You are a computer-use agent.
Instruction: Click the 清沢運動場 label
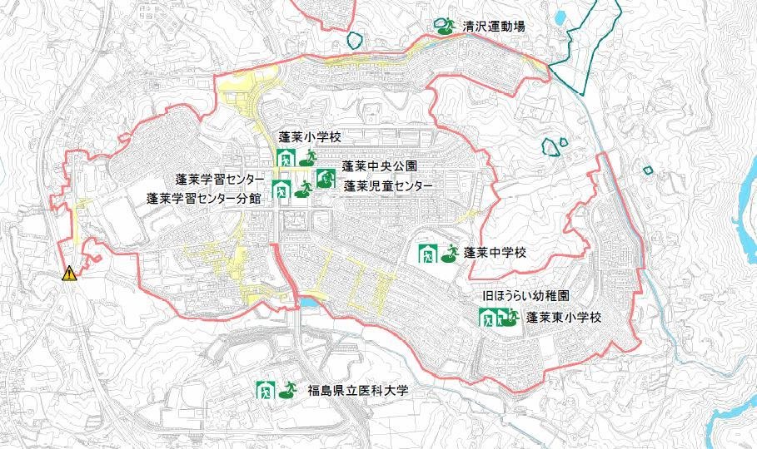pyautogui.click(x=494, y=27)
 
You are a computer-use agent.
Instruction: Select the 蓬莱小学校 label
pyautogui.click(x=310, y=136)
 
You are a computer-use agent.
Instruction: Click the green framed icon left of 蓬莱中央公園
pyautogui.click(x=326, y=178)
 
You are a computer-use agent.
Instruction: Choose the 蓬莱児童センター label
pyautogui.click(x=388, y=185)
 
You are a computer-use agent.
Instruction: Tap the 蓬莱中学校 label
pyautogui.click(x=496, y=252)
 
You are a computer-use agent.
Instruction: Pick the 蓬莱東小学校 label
pyautogui.click(x=563, y=318)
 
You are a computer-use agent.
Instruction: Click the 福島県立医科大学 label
pyautogui.click(x=360, y=390)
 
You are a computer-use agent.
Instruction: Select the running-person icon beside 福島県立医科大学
pyautogui.click(x=286, y=389)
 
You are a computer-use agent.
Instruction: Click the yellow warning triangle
pyautogui.click(x=69, y=273)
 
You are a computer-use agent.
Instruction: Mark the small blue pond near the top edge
pyautogui.click(x=557, y=16)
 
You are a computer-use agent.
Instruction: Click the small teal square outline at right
pyautogui.click(x=648, y=170)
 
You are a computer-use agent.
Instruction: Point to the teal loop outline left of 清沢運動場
pyautogui.click(x=356, y=38)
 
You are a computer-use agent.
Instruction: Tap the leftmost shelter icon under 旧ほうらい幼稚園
pyautogui.click(x=487, y=318)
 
